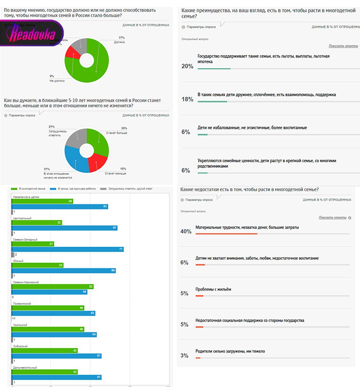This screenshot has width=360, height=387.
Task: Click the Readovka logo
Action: [33, 34]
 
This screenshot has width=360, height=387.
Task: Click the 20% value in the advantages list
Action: [187, 66]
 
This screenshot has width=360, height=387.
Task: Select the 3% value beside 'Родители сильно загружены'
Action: [184, 356]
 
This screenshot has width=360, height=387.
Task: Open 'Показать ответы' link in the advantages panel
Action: [343, 46]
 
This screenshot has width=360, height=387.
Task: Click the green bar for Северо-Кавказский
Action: [53, 287]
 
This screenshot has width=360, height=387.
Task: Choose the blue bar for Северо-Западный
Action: [68, 249]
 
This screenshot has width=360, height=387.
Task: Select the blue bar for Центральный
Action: [64, 228]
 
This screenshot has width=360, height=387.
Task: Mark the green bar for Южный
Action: [37, 265]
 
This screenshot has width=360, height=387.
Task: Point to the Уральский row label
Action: [21, 324]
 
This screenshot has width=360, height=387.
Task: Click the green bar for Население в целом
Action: [42, 201]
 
